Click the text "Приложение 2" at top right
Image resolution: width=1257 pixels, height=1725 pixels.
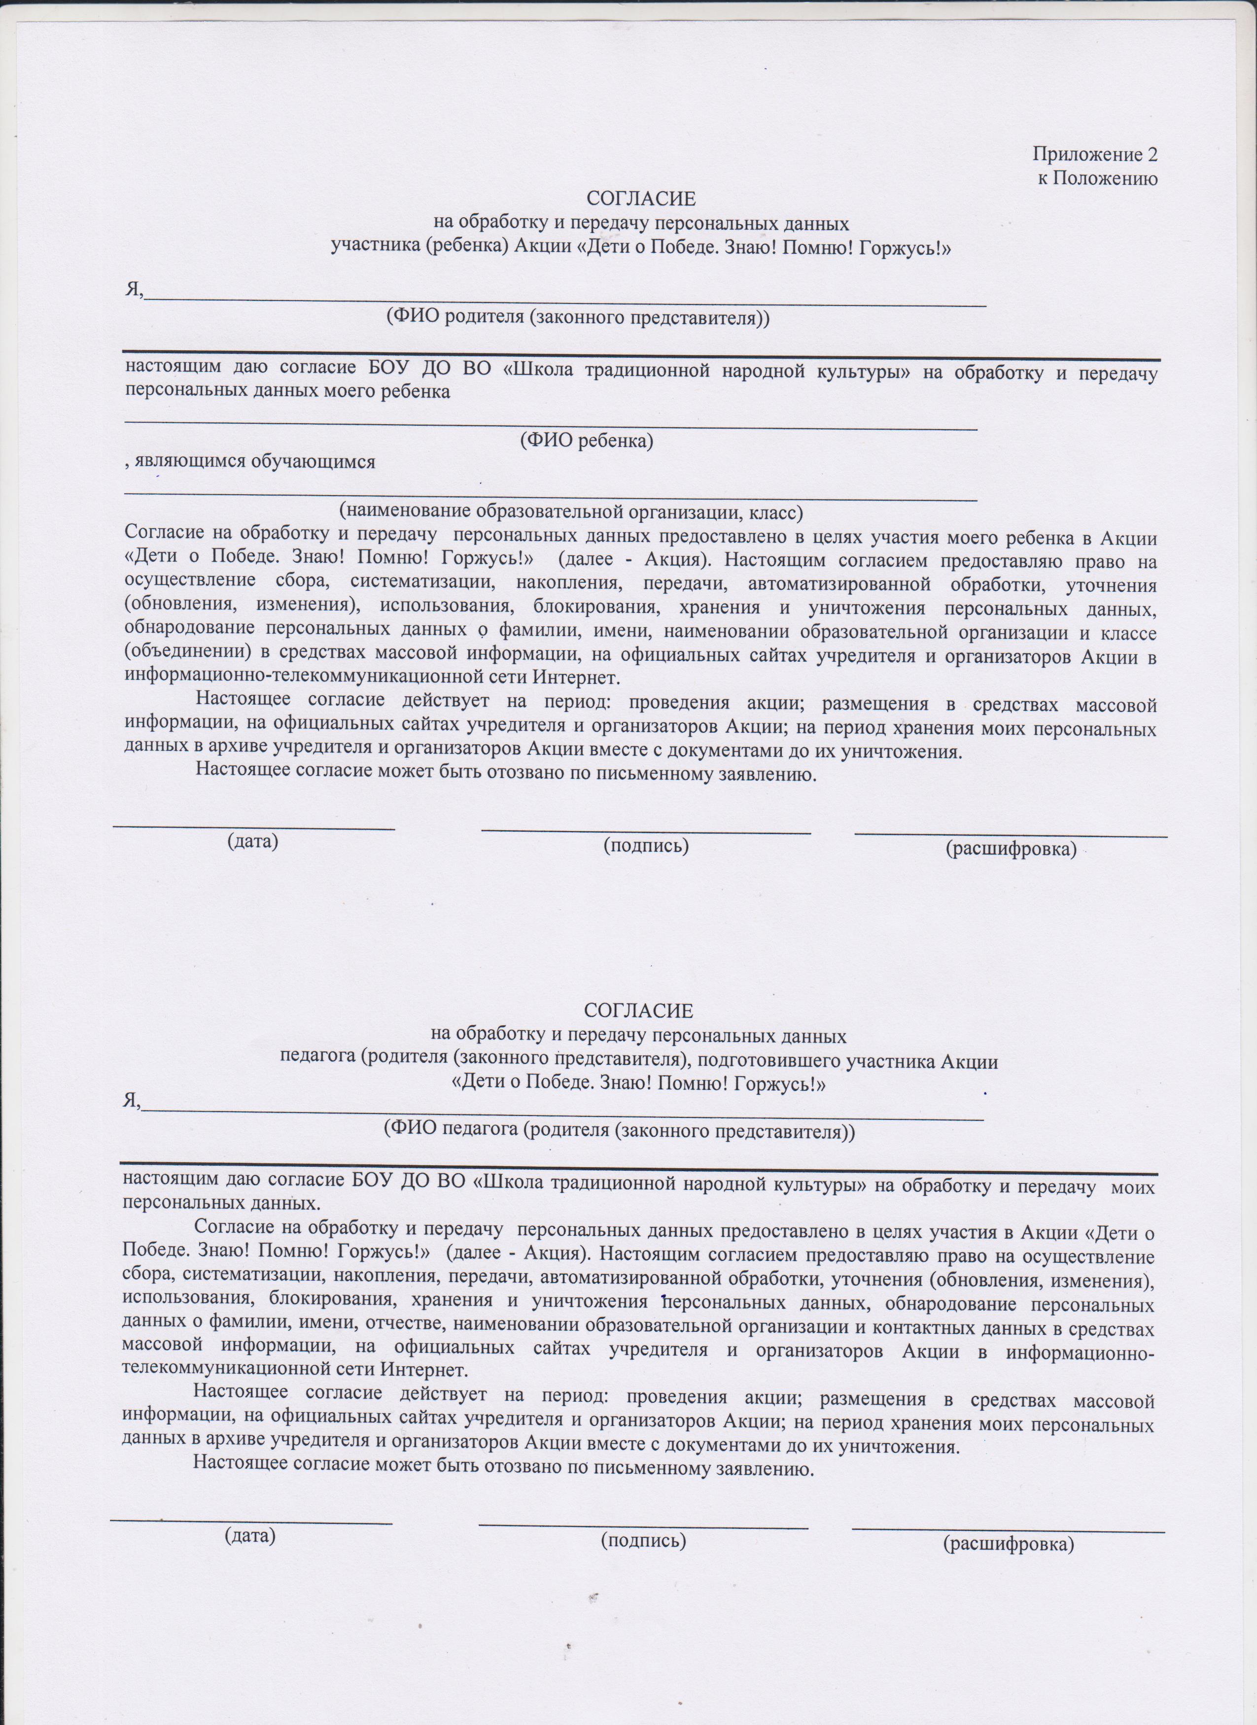pyautogui.click(x=1094, y=154)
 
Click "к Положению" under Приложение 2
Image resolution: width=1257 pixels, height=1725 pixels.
pyautogui.click(x=1098, y=179)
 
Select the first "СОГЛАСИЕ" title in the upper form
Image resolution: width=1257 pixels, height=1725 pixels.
pyautogui.click(x=641, y=199)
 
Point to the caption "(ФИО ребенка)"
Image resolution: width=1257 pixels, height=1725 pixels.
pyautogui.click(x=586, y=440)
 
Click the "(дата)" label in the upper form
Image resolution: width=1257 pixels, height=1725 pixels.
pyautogui.click(x=252, y=842)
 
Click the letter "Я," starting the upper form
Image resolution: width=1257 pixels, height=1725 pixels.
pyautogui.click(x=134, y=289)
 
